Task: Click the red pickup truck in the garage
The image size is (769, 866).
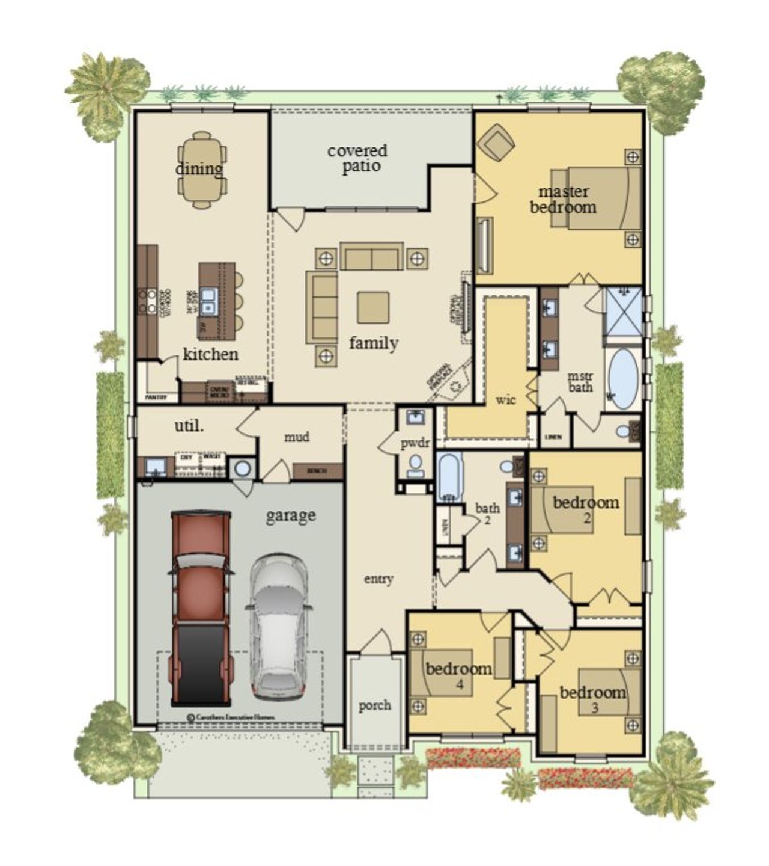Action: (201, 607)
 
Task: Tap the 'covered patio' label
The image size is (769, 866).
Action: (358, 158)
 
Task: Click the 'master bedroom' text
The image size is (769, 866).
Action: (563, 200)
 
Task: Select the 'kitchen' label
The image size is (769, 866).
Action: (210, 354)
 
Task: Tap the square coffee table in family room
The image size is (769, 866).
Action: (372, 307)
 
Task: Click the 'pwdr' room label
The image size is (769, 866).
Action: (415, 443)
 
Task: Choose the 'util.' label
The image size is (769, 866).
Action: (189, 426)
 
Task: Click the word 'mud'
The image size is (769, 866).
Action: (297, 437)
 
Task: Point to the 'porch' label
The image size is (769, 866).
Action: (375, 705)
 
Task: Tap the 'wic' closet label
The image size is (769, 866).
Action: (506, 399)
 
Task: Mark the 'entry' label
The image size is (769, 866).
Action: (378, 579)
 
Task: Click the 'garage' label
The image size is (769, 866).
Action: (291, 515)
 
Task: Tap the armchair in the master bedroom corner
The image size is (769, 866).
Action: (496, 142)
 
